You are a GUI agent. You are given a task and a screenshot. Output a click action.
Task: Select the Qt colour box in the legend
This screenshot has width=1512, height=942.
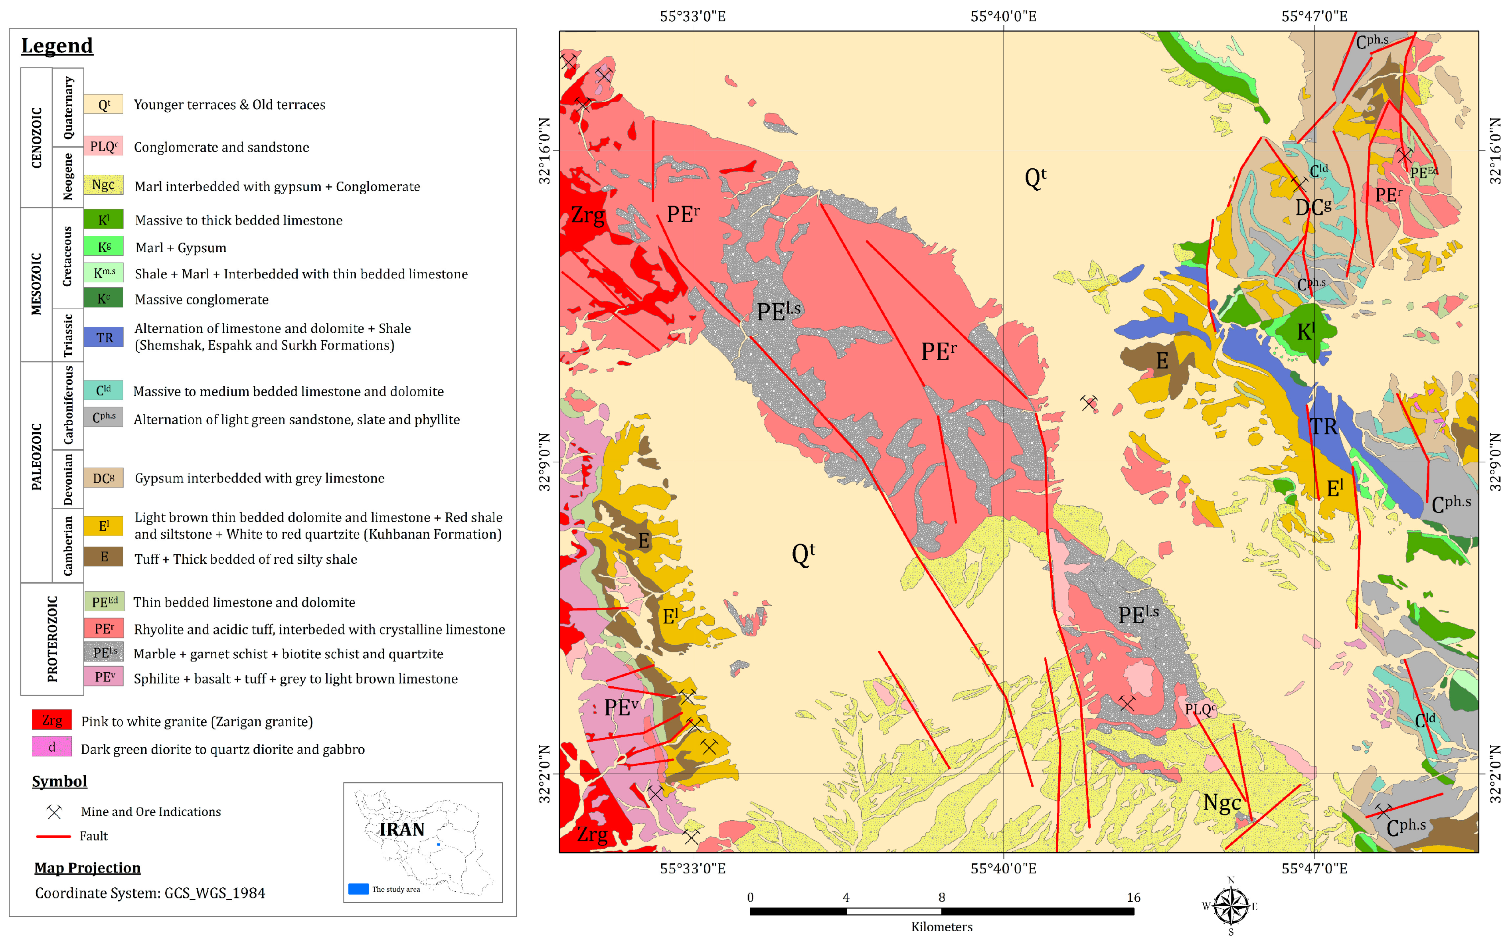(x=103, y=105)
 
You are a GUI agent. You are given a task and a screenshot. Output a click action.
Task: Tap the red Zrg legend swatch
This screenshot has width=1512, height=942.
(x=52, y=720)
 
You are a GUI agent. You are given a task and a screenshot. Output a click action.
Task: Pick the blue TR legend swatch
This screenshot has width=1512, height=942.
(x=103, y=337)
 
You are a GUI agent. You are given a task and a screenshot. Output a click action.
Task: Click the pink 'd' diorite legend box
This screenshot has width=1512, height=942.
(x=52, y=747)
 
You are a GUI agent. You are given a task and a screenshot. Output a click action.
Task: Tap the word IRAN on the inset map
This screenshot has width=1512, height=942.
(x=402, y=829)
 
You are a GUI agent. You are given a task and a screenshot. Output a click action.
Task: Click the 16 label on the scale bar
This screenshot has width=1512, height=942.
(x=1133, y=897)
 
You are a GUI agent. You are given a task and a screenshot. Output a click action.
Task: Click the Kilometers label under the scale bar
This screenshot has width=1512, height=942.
(x=941, y=926)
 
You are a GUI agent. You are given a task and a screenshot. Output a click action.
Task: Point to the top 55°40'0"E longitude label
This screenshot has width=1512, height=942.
(x=1003, y=17)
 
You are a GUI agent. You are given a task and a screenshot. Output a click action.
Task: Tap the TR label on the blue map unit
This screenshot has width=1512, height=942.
(x=1322, y=427)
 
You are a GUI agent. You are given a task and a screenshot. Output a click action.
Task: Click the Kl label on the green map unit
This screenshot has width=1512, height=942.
(x=1306, y=332)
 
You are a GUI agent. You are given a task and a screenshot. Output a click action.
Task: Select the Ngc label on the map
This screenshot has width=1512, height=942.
(x=1221, y=802)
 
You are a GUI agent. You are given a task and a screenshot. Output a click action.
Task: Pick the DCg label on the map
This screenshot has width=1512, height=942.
(x=1312, y=207)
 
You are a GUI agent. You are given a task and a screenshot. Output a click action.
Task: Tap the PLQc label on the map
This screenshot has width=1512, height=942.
(x=1199, y=709)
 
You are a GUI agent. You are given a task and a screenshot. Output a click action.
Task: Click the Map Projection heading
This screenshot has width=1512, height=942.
(x=87, y=868)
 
